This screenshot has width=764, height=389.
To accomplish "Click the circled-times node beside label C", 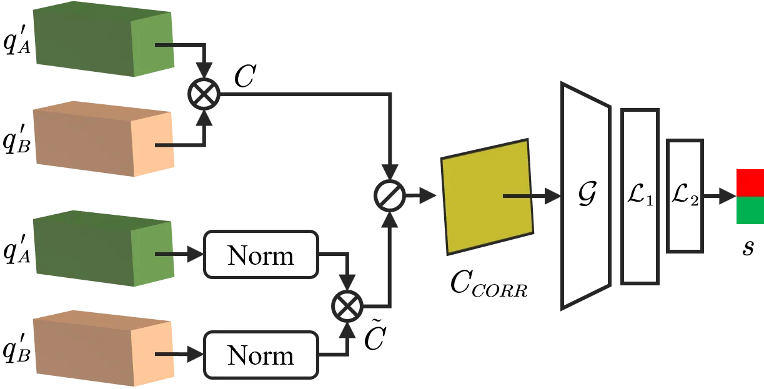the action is click(204, 94).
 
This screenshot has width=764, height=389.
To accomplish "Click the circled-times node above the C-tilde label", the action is click(347, 306).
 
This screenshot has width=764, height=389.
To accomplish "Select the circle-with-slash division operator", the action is click(390, 195).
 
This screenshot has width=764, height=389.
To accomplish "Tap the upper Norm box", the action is click(261, 255).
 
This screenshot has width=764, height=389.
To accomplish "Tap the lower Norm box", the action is click(261, 355).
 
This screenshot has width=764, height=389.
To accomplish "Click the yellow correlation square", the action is click(487, 197).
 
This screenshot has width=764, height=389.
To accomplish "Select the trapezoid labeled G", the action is click(586, 196).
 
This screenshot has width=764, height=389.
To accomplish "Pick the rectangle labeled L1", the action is click(640, 197).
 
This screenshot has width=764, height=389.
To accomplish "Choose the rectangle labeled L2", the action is click(685, 196).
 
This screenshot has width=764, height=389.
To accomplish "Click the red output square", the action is click(750, 183).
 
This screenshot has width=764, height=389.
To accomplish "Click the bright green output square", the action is click(750, 210).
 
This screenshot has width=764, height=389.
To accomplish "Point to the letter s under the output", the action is click(748, 247).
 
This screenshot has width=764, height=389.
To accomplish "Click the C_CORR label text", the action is click(489, 284).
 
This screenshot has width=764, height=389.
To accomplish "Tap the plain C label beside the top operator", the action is click(246, 76).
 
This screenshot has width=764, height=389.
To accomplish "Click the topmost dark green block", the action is click(104, 39).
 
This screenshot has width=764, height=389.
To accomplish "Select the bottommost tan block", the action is click(104, 348).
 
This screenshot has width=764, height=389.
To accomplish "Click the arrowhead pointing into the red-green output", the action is click(728, 196).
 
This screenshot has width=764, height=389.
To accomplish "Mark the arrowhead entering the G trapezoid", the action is click(552, 196).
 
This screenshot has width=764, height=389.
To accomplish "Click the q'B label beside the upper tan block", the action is click(17, 139).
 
